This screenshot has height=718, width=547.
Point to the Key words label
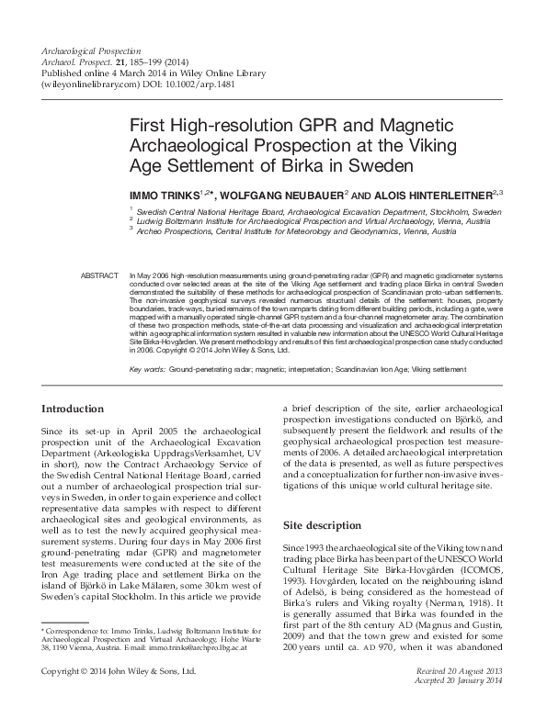pyautogui.click(x=147, y=368)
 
